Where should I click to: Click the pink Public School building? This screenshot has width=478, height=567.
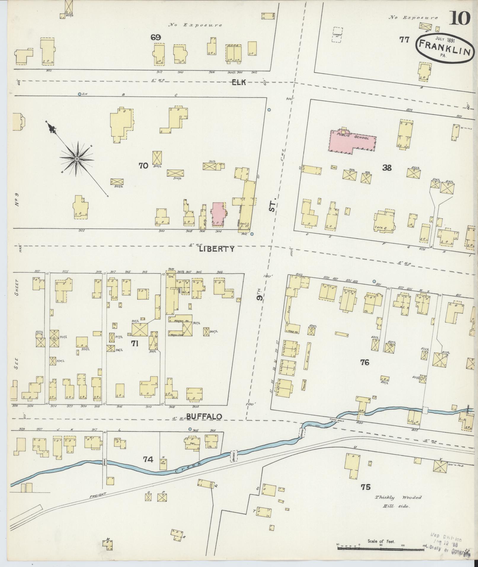353,140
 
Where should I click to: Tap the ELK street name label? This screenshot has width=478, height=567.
239,83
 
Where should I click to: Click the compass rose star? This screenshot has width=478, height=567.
77,159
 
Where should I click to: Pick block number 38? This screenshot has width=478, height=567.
387,168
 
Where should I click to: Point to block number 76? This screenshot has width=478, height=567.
365,362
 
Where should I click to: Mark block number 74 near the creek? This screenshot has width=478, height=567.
148,459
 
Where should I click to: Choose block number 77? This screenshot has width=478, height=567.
404,40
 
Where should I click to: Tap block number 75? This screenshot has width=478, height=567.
365,487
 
